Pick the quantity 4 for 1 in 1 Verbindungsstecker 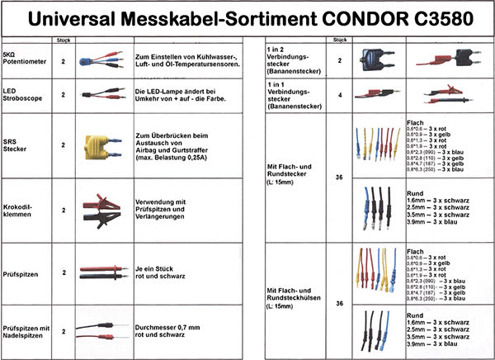click(339, 93)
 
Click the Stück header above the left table click(64, 40)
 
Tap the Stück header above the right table click(338, 40)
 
